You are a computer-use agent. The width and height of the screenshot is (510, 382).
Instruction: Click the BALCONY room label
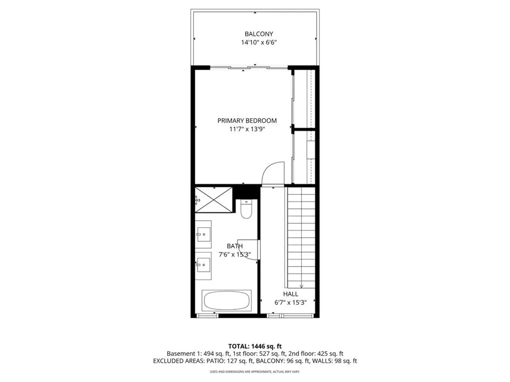point(259,34)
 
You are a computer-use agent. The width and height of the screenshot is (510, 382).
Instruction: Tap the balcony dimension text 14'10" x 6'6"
point(259,42)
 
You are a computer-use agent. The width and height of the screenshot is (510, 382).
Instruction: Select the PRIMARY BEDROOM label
point(247,120)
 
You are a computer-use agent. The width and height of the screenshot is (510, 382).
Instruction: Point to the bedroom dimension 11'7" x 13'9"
point(247,129)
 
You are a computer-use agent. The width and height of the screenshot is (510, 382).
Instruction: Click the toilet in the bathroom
point(246,209)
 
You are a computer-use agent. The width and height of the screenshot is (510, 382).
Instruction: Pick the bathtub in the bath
point(227,300)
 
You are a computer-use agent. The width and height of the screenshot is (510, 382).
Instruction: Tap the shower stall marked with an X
point(214,199)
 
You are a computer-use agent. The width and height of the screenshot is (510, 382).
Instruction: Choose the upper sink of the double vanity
point(204,234)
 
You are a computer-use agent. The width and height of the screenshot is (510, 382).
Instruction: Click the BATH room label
point(235,246)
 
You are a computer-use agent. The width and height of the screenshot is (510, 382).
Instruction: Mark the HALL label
point(290,294)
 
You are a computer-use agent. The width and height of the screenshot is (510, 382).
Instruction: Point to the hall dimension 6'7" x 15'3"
point(290,302)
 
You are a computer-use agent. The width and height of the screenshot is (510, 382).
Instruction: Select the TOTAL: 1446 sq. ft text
point(255,346)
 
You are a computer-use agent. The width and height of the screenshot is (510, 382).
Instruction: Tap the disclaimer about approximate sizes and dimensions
point(255,371)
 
